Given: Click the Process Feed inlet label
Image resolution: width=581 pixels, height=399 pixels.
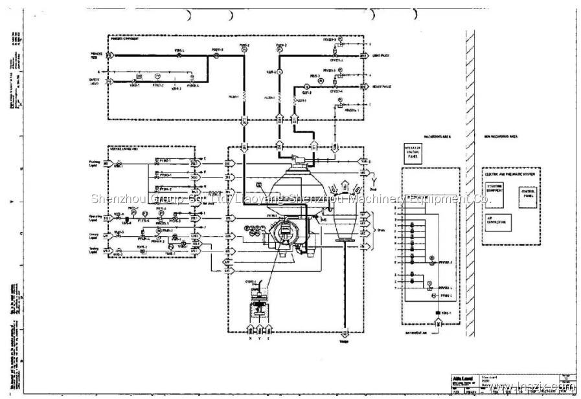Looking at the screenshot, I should [95, 57].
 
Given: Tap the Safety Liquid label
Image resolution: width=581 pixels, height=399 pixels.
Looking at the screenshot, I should [94, 81].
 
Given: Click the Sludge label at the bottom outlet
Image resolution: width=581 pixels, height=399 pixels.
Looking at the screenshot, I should [345, 340].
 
